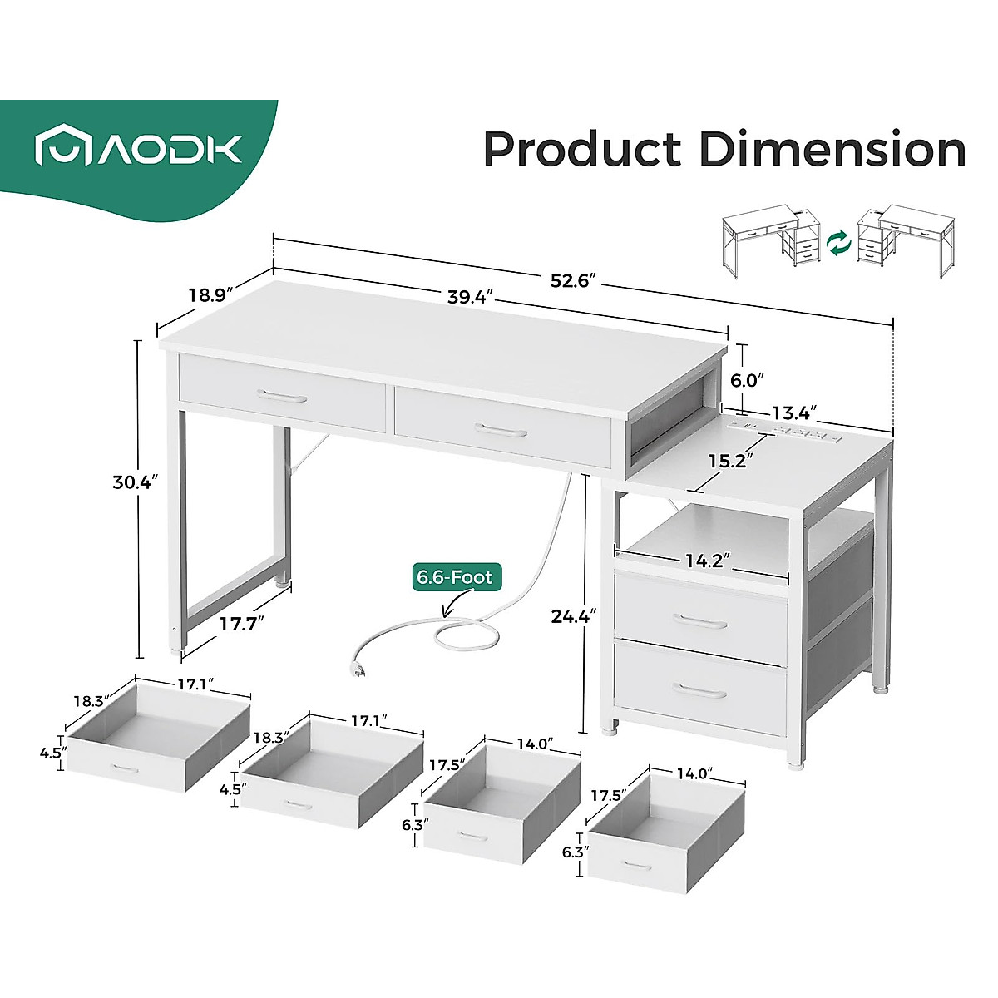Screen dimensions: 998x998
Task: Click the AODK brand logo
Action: pyautogui.click(x=138, y=150)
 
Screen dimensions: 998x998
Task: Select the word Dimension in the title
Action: pyautogui.click(x=832, y=151)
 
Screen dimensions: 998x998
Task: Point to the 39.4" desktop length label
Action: pyautogui.click(x=471, y=296)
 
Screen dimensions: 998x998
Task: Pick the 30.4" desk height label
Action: pyautogui.click(x=136, y=482)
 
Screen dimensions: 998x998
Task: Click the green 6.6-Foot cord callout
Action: pyautogui.click(x=455, y=576)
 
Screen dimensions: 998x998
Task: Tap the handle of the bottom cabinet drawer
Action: pyautogui.click(x=699, y=690)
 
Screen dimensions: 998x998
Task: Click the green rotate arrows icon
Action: pyautogui.click(x=839, y=244)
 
